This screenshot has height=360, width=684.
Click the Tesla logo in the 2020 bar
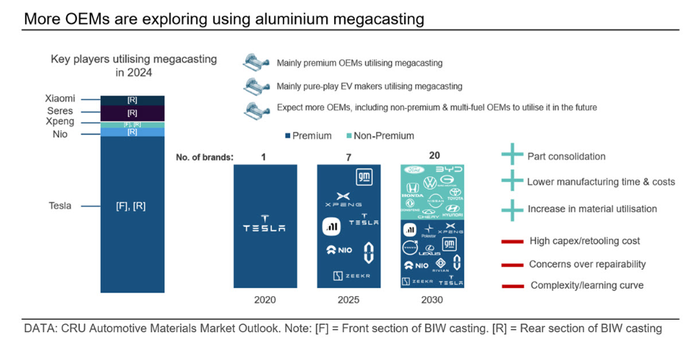pos(264,225)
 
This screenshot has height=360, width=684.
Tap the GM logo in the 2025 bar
pos(364,177)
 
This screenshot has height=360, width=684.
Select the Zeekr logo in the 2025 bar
pos(348,276)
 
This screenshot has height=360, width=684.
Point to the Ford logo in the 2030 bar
pos(413,170)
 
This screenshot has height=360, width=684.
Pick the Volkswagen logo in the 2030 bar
pos(431,182)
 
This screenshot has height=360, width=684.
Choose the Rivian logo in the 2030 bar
pos(441,265)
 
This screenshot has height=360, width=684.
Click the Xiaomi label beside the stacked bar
pos(60,98)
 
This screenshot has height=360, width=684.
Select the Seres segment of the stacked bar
pos(132,113)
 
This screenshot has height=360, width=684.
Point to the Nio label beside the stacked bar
pos(60,134)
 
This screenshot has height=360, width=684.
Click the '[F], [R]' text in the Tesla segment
pos(132,206)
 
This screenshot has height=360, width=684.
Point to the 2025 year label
pos(348,300)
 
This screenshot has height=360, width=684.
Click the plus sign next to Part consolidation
pos(512,156)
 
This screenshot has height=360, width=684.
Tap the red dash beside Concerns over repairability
pos(512,264)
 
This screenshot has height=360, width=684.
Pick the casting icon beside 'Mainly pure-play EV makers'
pos(257,86)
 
